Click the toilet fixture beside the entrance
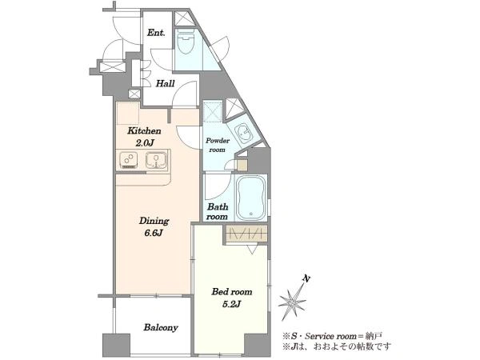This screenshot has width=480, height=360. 186,42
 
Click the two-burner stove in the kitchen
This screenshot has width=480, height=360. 129,160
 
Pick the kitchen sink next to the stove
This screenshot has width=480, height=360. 156,160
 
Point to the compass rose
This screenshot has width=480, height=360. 292,302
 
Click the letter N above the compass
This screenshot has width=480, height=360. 306,278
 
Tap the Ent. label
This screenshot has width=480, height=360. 156,33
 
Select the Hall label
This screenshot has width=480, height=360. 166,83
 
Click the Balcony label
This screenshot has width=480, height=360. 161,327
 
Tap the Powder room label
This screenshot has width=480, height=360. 218,145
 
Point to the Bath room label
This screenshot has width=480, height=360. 217,211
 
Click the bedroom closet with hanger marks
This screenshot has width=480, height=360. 246,234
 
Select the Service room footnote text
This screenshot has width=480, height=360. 332,337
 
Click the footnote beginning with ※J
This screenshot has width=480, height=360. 337,347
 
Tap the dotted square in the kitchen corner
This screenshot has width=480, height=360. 128,113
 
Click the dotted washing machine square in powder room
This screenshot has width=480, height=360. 213,112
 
